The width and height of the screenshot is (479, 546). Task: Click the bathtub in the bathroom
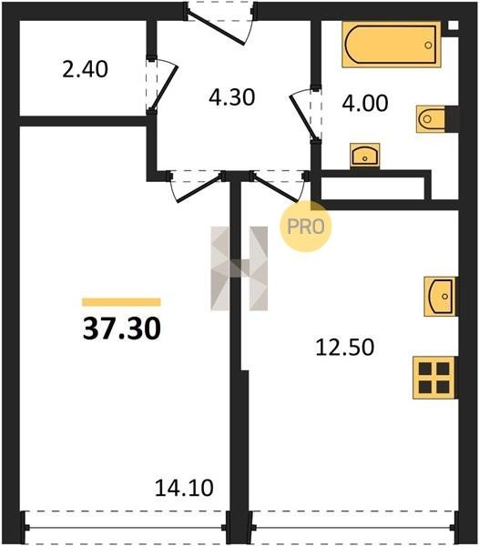point(392,45)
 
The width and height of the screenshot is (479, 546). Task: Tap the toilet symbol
point(431,119)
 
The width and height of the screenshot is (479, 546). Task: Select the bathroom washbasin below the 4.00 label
point(365,155)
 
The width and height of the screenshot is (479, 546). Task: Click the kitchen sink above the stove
point(440,297)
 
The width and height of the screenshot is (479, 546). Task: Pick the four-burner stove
point(434,378)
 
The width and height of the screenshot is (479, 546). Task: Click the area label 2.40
point(85,69)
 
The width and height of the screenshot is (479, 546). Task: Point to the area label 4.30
point(232,97)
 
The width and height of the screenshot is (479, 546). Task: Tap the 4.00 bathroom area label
point(365,104)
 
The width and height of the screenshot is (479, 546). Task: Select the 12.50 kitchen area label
point(345,348)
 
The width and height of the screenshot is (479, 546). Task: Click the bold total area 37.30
point(122,329)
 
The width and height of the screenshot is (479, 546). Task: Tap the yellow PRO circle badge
point(306,227)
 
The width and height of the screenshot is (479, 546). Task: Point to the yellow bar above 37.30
point(121,302)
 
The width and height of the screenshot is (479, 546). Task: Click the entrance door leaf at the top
point(216,28)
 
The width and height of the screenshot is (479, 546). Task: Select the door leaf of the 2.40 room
point(164,88)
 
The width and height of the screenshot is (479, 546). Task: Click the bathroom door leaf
point(303,117)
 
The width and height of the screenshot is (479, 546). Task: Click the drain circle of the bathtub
point(429,45)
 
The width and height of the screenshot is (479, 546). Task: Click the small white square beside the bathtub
point(453,25)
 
